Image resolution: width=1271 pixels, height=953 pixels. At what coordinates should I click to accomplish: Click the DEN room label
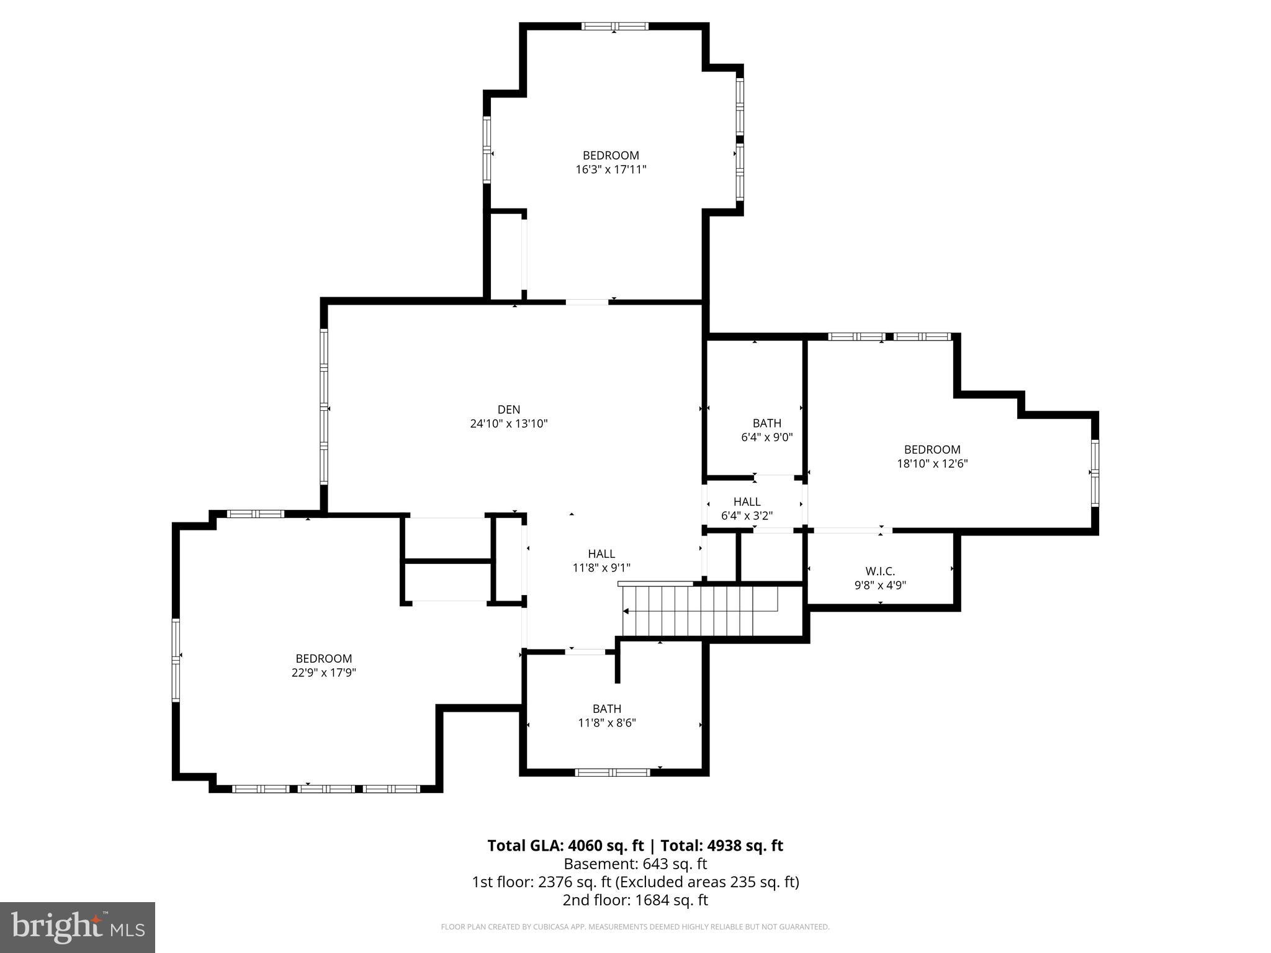pyautogui.click(x=508, y=409)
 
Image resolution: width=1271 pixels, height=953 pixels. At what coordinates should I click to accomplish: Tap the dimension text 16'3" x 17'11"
pyautogui.click(x=611, y=169)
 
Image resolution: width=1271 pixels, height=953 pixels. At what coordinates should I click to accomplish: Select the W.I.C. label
pyautogui.click(x=880, y=571)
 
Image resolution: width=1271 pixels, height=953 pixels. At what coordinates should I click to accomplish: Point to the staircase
pyautogui.click(x=700, y=611)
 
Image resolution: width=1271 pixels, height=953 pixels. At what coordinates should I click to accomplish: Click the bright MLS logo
pyautogui.click(x=78, y=927)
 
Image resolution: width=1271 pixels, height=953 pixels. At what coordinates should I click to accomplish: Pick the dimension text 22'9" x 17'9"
pyautogui.click(x=323, y=673)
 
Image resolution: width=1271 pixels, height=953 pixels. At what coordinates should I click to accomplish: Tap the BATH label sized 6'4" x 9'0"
pyautogui.click(x=766, y=423)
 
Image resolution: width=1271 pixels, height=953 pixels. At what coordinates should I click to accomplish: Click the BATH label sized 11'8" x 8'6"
pyautogui.click(x=606, y=709)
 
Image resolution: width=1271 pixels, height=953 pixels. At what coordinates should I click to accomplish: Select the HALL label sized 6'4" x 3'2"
pyautogui.click(x=747, y=501)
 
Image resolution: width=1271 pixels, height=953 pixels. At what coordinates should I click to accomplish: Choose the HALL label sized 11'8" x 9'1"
pyautogui.click(x=601, y=553)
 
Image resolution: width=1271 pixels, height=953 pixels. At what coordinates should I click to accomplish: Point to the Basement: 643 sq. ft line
pyautogui.click(x=635, y=864)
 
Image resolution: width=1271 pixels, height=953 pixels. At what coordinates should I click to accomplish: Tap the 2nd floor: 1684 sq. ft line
pyautogui.click(x=635, y=900)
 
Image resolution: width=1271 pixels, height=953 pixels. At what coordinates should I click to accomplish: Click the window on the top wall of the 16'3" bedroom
pyautogui.click(x=614, y=26)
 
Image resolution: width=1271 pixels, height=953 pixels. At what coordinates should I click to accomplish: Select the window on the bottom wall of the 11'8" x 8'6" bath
pyautogui.click(x=612, y=772)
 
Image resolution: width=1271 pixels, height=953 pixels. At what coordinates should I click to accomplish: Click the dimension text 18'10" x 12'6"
pyautogui.click(x=932, y=463)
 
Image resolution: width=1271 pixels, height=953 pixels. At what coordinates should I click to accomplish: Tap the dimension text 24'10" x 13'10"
pyautogui.click(x=508, y=424)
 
